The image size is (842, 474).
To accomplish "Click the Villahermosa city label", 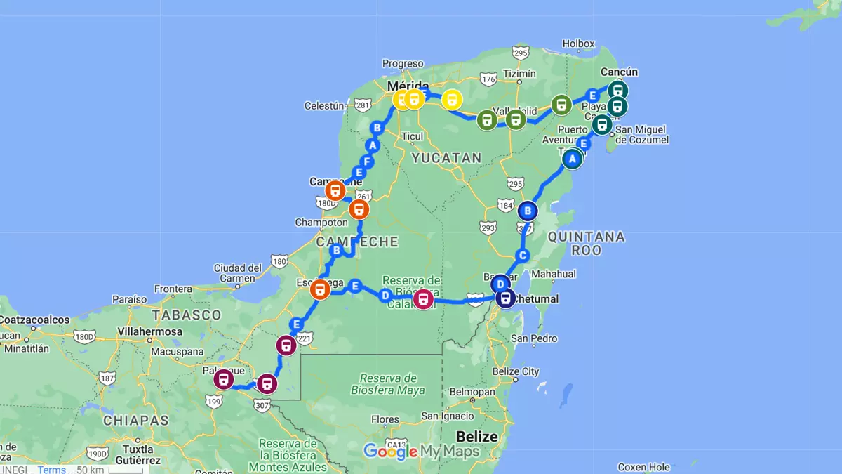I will (151, 331).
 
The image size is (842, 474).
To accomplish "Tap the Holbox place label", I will (578, 44).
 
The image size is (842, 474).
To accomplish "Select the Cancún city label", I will (620, 72).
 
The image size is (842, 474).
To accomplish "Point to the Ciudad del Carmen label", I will (238, 272).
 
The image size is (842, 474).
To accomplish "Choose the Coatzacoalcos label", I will (35, 320).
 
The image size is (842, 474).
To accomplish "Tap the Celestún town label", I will (324, 106).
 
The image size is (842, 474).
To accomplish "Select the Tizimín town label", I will (519, 74).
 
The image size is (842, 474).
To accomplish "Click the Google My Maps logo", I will (421, 452).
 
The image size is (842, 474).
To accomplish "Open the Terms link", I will (52, 470).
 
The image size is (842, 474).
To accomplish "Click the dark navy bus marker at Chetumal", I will (505, 298).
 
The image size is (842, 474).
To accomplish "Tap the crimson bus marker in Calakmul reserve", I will (423, 299).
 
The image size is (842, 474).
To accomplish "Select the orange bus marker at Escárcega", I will (320, 289).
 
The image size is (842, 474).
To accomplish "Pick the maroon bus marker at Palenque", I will (224, 380).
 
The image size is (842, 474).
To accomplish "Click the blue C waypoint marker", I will (521, 255).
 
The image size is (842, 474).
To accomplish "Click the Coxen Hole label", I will (643, 467).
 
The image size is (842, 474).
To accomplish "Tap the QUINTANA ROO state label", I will (586, 243).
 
